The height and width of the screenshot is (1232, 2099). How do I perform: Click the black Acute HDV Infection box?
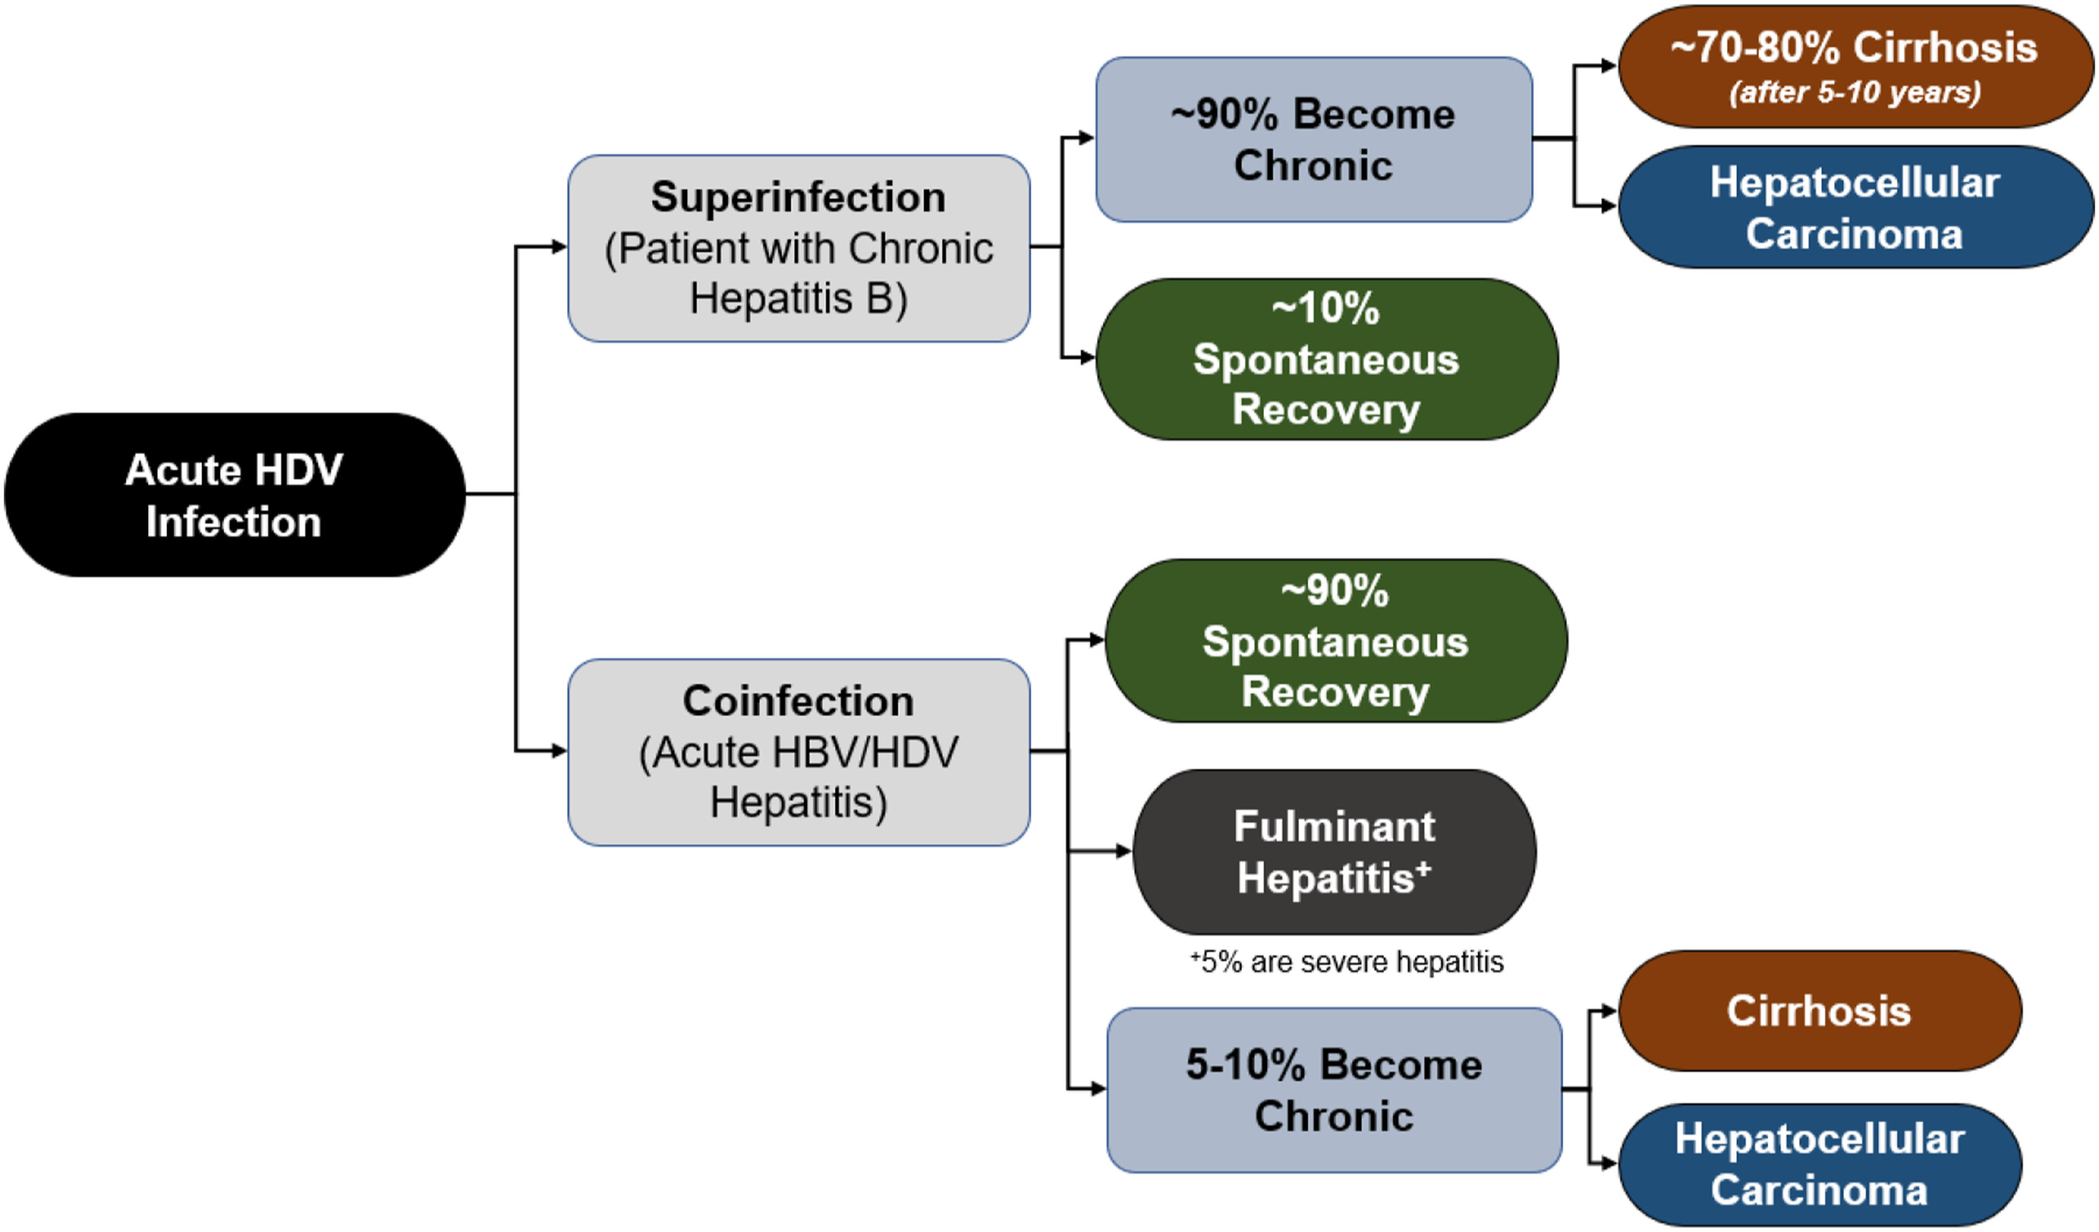point(234,495)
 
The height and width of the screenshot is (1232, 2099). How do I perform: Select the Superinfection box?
point(798,248)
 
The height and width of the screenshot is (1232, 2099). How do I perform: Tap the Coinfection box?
point(798,752)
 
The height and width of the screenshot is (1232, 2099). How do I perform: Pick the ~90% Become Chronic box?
point(1313,139)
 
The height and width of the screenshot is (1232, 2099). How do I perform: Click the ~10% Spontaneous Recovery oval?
point(1326,359)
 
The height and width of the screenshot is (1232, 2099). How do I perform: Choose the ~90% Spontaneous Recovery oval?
point(1335,640)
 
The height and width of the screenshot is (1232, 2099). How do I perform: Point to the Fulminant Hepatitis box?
point(1334,851)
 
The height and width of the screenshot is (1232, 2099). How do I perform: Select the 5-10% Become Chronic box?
point(1333,1089)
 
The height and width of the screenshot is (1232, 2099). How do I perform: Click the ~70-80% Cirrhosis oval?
point(1854,66)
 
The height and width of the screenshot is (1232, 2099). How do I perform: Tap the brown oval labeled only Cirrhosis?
point(1819,1011)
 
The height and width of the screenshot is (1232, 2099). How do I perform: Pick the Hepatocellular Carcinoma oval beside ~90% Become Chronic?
point(1854,208)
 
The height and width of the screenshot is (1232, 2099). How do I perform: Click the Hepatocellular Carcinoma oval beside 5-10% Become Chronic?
point(1819,1164)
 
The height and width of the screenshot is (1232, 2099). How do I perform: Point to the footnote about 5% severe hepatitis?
point(1347,962)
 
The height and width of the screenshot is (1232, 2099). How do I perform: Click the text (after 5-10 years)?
point(1855,92)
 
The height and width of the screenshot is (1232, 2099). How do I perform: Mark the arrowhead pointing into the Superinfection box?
point(559,247)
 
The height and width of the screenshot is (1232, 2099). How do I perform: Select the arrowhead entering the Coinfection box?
point(559,751)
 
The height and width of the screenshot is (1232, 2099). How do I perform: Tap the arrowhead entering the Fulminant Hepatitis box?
point(1124,851)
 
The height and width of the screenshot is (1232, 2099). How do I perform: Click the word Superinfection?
point(798,198)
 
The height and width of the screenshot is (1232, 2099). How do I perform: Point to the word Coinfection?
point(798,701)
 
